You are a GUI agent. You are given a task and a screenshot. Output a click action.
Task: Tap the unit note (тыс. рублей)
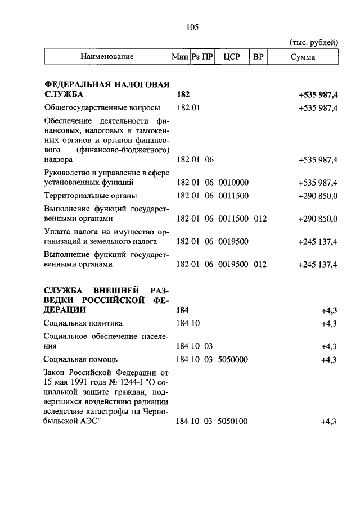click(x=313, y=42)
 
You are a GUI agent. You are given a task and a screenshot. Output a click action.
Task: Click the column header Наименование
click(x=107, y=57)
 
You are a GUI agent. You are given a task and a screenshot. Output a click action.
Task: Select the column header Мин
click(x=179, y=57)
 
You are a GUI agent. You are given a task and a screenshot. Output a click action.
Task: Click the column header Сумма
click(x=303, y=57)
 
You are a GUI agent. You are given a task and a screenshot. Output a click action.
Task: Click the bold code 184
click(x=183, y=310)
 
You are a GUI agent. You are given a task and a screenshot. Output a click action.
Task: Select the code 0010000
click(x=233, y=183)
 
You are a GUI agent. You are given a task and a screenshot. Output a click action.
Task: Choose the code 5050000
click(x=233, y=359)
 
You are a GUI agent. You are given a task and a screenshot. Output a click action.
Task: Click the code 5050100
click(x=233, y=421)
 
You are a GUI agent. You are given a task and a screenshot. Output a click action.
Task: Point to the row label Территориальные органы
click(x=91, y=196)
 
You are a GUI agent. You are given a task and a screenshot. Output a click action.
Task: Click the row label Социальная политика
click(x=83, y=323)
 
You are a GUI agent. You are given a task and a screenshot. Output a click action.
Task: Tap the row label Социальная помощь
click(x=81, y=359)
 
